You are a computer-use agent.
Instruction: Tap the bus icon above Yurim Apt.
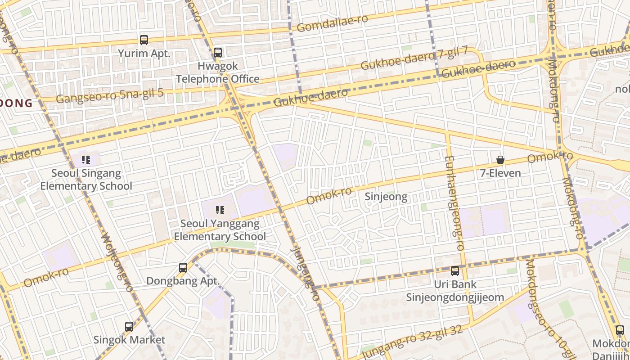(x=144, y=40)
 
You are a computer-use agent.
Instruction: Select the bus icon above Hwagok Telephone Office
(x=218, y=53)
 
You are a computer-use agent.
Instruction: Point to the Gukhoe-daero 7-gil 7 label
(x=414, y=59)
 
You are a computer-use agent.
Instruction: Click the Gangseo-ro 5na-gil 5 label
(x=109, y=95)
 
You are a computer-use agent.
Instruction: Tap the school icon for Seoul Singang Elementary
(x=86, y=159)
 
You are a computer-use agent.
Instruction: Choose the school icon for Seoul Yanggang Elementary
(x=220, y=210)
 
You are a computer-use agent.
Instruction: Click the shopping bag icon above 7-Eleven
(x=500, y=160)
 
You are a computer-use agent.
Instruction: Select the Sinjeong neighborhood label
(x=386, y=197)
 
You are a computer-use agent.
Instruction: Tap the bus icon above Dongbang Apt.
(x=183, y=268)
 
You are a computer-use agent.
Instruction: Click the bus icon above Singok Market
(x=129, y=327)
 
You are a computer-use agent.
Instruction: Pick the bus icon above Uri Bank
(x=455, y=271)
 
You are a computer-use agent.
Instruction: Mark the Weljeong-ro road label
(x=116, y=262)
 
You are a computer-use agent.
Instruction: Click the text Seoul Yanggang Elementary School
(x=220, y=230)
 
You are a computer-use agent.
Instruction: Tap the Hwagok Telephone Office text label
(x=218, y=72)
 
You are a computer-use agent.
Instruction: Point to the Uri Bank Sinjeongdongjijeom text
(x=455, y=291)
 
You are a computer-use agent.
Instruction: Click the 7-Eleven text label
(x=500, y=173)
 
